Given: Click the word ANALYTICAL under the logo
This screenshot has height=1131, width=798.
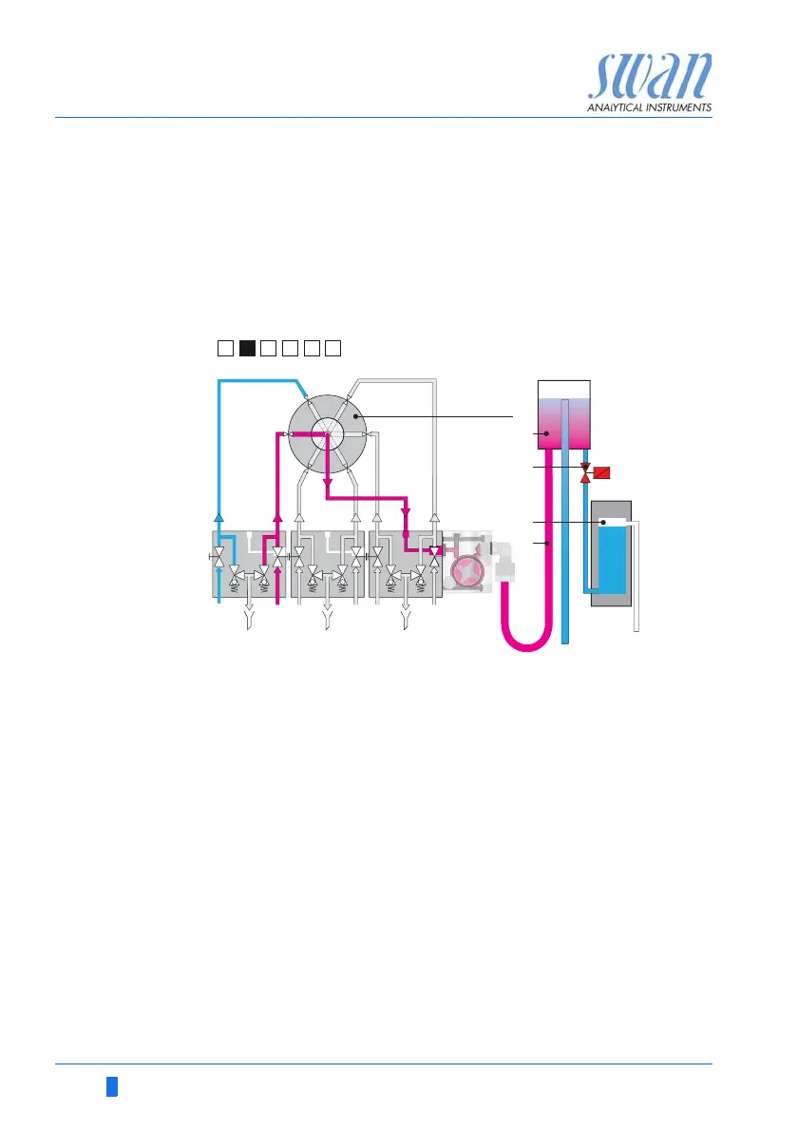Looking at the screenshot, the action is [x=620, y=108].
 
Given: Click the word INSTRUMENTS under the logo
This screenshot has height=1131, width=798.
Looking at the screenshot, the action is [x=679, y=108].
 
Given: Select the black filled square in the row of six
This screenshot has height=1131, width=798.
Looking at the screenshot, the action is [x=247, y=347].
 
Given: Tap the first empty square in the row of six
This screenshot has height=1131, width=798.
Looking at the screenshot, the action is [x=224, y=347].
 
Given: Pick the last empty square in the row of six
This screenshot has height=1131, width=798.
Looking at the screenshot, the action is [x=332, y=347].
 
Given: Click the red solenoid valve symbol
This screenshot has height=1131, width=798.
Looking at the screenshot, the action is [x=601, y=472].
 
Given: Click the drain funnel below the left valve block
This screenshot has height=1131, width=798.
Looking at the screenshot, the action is [x=249, y=622].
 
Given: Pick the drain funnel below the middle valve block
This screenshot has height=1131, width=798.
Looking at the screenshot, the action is [x=327, y=622].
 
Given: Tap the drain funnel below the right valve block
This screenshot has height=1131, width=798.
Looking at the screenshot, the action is [x=406, y=622].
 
